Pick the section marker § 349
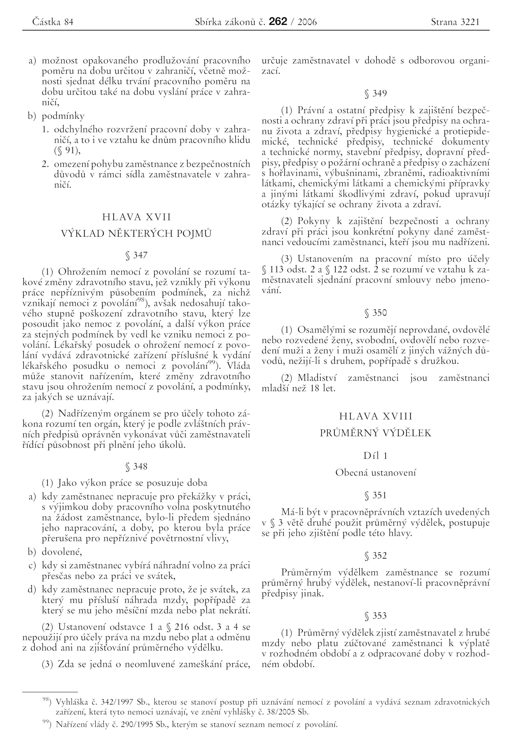pyautogui.click(x=376, y=94)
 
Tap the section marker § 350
pyautogui.click(x=376, y=313)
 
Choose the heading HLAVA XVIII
pyautogui.click(x=376, y=416)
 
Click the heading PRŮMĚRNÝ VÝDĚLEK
pyautogui.click(x=376, y=433)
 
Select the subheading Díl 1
pyautogui.click(x=376, y=456)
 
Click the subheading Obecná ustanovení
pyautogui.click(x=376, y=472)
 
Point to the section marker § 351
pyautogui.click(x=376, y=495)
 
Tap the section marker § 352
pyautogui.click(x=376, y=556)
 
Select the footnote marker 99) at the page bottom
pyautogui.click(x=47, y=723)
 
